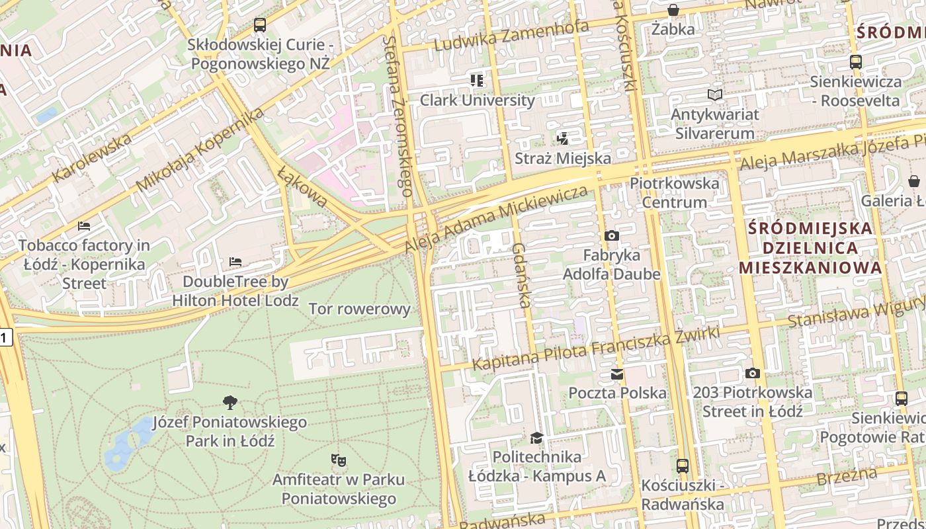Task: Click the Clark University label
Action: [477, 101]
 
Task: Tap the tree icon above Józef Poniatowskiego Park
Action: [230, 402]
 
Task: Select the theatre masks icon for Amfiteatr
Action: [339, 460]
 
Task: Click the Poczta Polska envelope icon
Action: [617, 374]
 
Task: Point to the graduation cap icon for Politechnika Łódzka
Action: [536, 438]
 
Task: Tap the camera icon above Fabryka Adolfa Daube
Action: [612, 235]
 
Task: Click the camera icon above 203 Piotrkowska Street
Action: [752, 373]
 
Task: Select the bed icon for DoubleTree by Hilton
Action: [235, 262]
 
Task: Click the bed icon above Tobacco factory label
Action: [84, 226]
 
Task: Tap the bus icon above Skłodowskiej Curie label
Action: [260, 26]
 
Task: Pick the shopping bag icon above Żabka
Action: [673, 10]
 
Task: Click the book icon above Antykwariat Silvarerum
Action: [714, 95]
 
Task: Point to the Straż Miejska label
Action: [563, 159]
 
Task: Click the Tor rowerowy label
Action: [360, 309]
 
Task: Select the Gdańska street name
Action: [520, 275]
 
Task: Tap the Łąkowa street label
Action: [302, 186]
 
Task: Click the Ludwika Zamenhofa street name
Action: [511, 36]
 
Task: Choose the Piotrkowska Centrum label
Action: [675, 192]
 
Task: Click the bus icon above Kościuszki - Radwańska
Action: [683, 466]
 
